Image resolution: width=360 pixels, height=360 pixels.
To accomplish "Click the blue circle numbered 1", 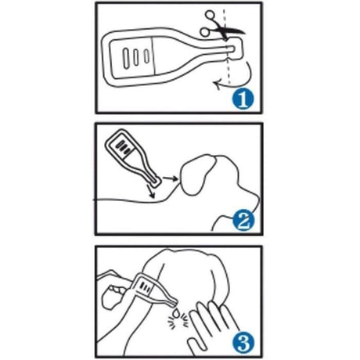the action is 243,99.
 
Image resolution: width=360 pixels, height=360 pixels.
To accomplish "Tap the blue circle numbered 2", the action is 243,221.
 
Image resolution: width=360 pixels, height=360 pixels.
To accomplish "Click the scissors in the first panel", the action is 221,26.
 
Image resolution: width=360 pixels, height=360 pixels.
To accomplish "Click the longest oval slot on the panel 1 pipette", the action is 126,59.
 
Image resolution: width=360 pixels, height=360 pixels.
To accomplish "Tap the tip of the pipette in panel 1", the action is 232,49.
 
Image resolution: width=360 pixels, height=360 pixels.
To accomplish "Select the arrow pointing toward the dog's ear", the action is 170,178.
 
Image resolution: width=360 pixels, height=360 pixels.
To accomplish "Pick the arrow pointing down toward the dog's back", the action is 151,191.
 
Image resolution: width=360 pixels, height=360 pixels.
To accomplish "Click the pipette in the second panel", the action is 132,157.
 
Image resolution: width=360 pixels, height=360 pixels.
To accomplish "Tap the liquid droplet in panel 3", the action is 178,312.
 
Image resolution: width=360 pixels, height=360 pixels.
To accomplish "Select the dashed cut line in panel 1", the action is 225,47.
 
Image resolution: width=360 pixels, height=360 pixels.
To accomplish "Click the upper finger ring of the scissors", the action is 211,16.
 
